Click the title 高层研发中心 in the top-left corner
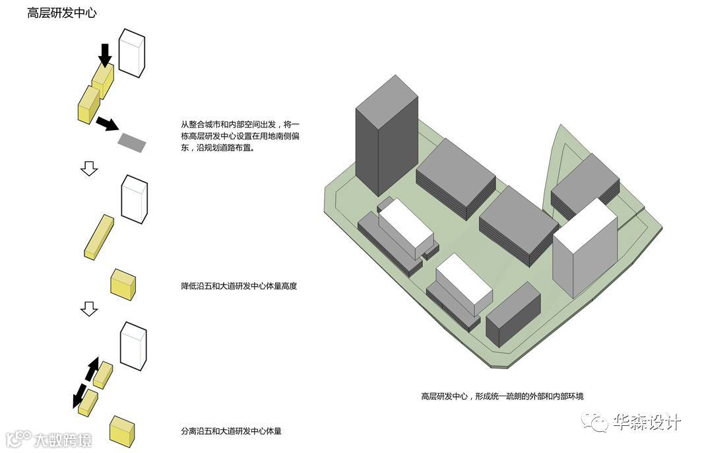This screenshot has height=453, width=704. (62, 13)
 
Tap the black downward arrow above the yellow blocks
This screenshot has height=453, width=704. (104, 55)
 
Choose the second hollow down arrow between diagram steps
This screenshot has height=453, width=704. (89, 308)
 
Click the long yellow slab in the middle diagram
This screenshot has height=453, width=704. (100, 235)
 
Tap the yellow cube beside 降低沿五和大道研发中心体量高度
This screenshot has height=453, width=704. (123, 284)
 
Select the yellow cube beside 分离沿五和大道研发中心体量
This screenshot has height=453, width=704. (123, 431)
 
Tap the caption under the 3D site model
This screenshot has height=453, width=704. (502, 396)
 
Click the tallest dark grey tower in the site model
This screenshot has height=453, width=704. (386, 135)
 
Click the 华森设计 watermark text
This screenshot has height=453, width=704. (646, 421)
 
